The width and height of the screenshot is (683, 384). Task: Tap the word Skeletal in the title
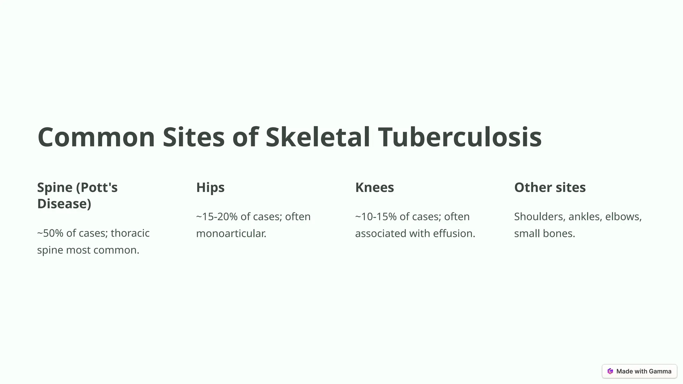click(x=317, y=137)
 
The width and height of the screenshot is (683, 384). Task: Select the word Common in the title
click(x=96, y=137)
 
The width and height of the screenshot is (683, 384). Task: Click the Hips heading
click(x=210, y=187)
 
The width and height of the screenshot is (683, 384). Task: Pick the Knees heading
click(x=375, y=187)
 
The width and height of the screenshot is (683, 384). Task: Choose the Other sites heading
click(x=550, y=187)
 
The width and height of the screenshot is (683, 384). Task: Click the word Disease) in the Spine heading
click(x=64, y=204)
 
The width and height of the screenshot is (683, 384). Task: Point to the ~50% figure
click(x=50, y=233)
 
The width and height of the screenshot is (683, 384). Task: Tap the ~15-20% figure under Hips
click(x=217, y=217)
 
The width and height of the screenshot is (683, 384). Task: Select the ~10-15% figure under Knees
click(x=376, y=217)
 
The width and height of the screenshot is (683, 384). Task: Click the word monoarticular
click(x=231, y=233)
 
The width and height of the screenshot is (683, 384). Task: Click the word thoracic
click(x=130, y=233)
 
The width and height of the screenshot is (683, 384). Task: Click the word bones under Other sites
click(x=560, y=233)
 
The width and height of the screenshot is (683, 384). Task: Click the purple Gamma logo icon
click(x=610, y=371)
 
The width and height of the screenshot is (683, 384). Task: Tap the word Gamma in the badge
click(x=660, y=371)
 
